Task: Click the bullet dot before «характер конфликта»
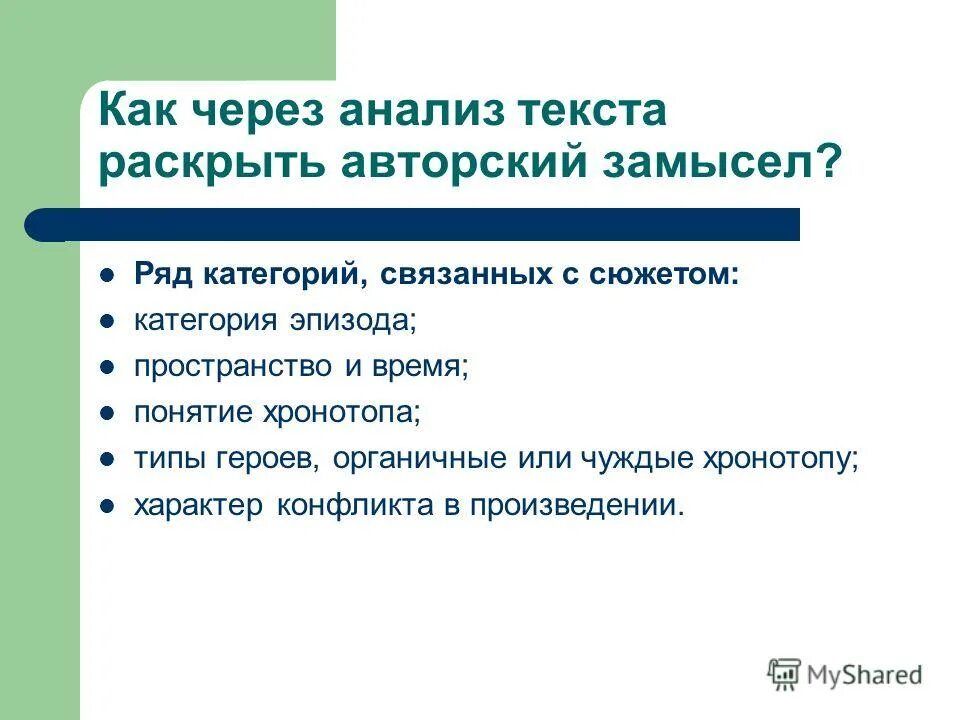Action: [x=107, y=506]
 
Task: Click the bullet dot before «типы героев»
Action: [x=107, y=460]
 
